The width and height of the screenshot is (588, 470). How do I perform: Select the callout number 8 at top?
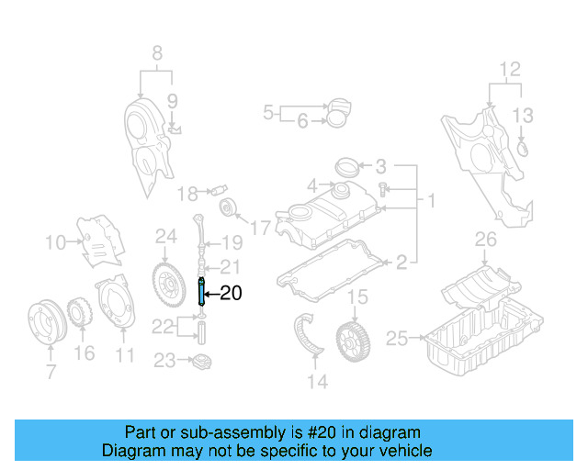tap(156, 52)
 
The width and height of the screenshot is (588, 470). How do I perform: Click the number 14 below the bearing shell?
tap(317, 382)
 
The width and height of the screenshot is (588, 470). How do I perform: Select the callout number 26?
tap(484, 241)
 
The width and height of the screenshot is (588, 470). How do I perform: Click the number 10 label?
tap(55, 242)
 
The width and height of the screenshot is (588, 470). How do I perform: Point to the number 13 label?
tap(522, 115)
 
